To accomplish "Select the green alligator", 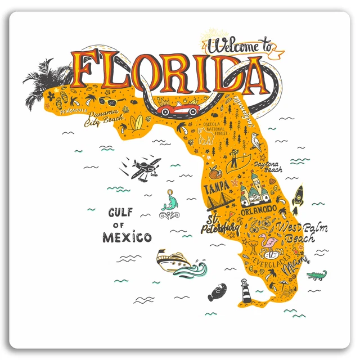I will (x=316, y=275).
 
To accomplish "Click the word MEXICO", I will (x=127, y=237).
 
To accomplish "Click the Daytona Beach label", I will (x=268, y=166).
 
